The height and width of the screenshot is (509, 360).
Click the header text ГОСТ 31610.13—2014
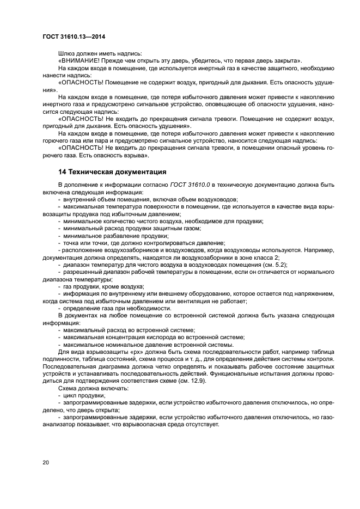pyautogui.click(x=74, y=36)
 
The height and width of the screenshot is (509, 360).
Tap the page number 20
pyautogui.click(x=46, y=462)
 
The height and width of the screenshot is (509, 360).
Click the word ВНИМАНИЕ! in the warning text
pyautogui.click(x=81, y=60)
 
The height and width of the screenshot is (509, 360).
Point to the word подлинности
pyautogui.click(x=61, y=359)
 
